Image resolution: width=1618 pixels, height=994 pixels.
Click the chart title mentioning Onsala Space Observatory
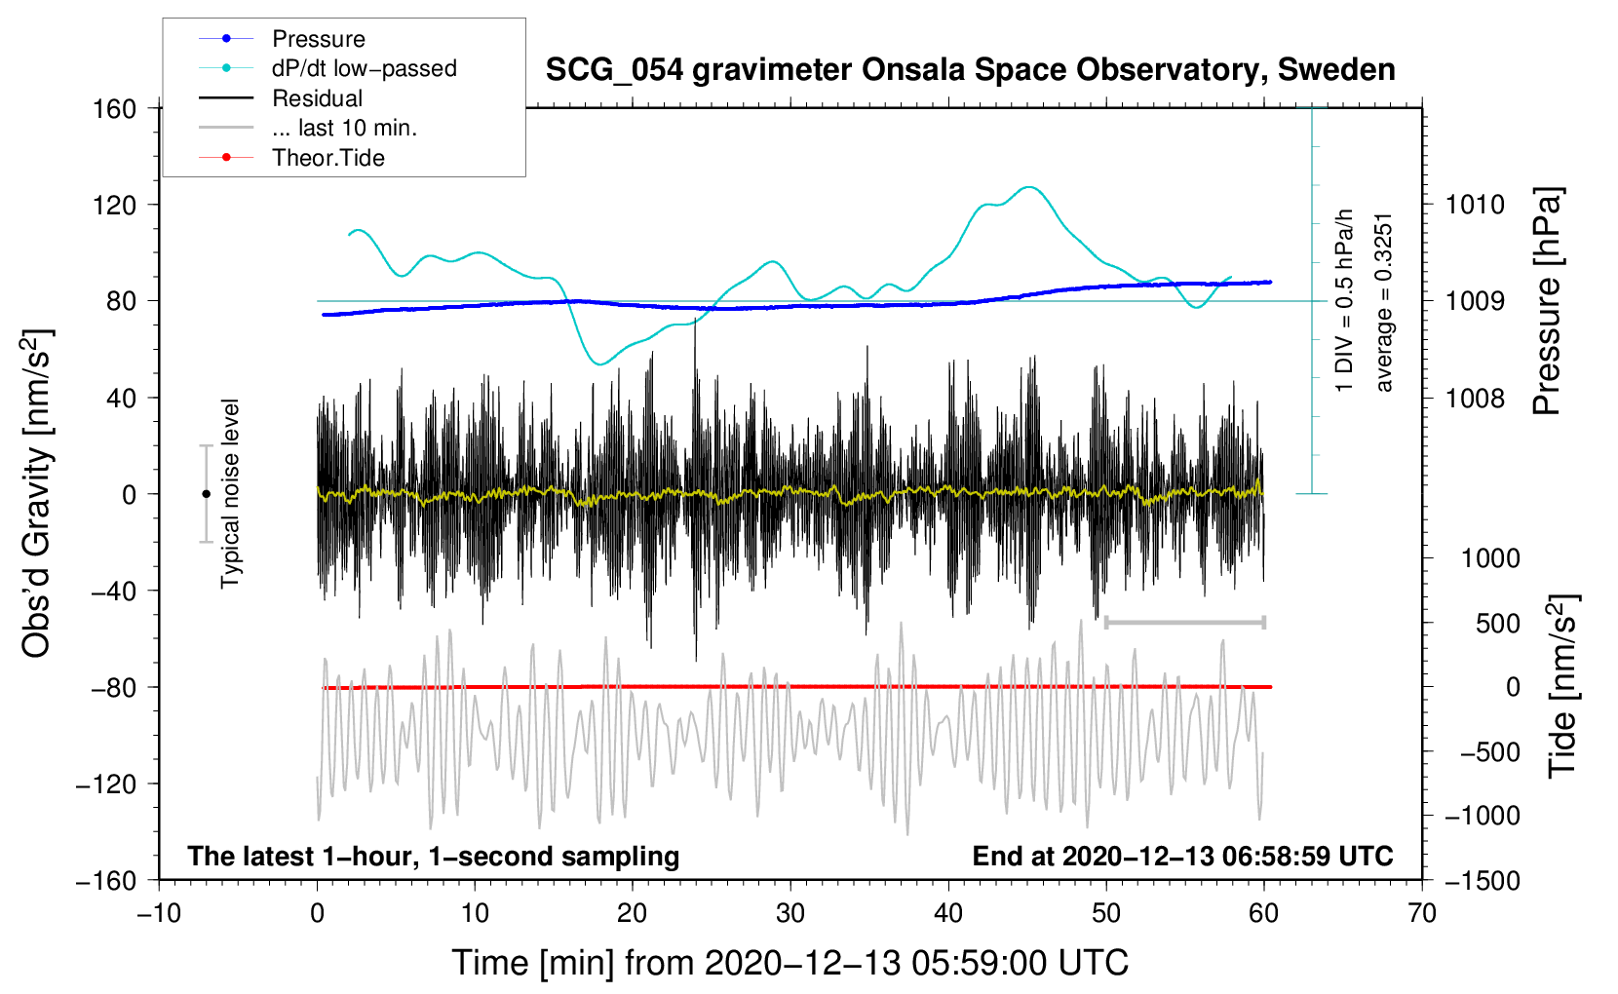[970, 70]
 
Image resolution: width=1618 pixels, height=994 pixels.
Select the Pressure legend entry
[282, 38]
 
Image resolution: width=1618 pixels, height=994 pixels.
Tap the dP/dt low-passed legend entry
[327, 68]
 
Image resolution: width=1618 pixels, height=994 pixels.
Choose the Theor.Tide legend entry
[291, 158]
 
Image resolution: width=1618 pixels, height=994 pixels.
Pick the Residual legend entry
[281, 98]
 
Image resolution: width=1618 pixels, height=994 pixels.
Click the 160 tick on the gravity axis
[115, 109]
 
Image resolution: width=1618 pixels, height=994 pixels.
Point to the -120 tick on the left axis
[107, 784]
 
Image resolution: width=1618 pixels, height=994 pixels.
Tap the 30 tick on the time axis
[790, 913]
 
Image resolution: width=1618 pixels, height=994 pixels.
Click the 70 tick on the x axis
[1421, 913]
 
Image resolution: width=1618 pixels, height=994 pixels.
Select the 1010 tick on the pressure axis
[1475, 205]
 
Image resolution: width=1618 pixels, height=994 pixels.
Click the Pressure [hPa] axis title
[1547, 301]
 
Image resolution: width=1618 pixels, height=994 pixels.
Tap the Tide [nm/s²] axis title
[1563, 686]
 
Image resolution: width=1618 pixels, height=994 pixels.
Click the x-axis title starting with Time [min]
[790, 963]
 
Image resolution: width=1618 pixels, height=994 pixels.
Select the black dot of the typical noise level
[206, 494]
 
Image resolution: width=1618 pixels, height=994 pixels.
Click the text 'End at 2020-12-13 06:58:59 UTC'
[1182, 856]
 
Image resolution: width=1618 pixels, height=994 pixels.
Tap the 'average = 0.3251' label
[1383, 303]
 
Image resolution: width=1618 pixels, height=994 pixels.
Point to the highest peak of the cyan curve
[1028, 187]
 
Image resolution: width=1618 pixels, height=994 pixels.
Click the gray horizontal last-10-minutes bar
[1184, 622]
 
